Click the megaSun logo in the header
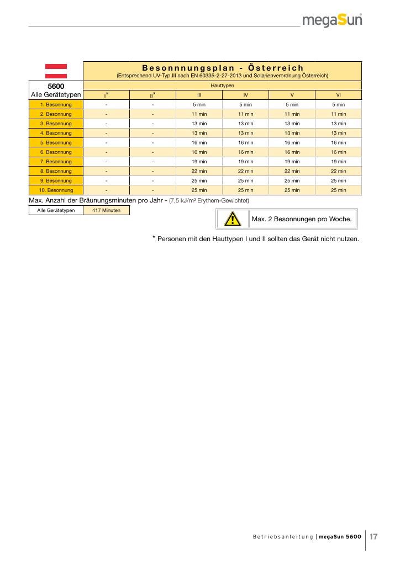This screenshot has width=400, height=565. tap(332, 21)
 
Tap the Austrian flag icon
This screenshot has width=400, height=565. tap(56, 71)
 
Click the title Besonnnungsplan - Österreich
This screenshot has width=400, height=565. tap(222, 68)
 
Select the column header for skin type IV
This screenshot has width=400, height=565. tap(245, 95)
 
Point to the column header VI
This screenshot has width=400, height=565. tap(338, 95)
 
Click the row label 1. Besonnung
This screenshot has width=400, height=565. tap(56, 104)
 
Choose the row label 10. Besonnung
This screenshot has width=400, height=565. tap(56, 190)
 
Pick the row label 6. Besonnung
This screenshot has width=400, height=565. tap(56, 152)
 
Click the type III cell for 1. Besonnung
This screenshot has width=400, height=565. tap(199, 104)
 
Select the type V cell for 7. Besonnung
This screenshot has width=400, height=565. tap(292, 162)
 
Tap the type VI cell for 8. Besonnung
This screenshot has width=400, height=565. tap(338, 171)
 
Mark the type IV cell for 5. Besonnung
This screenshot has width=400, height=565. tap(245, 142)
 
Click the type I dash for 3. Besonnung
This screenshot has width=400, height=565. tap(106, 124)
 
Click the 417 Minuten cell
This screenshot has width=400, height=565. tap(106, 211)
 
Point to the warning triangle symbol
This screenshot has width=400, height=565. tap(232, 220)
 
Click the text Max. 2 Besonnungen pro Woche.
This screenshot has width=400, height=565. tap(301, 219)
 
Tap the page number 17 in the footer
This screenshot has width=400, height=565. tap(373, 536)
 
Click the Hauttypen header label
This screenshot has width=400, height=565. tap(222, 86)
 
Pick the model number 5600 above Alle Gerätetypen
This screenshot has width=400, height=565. tap(56, 87)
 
